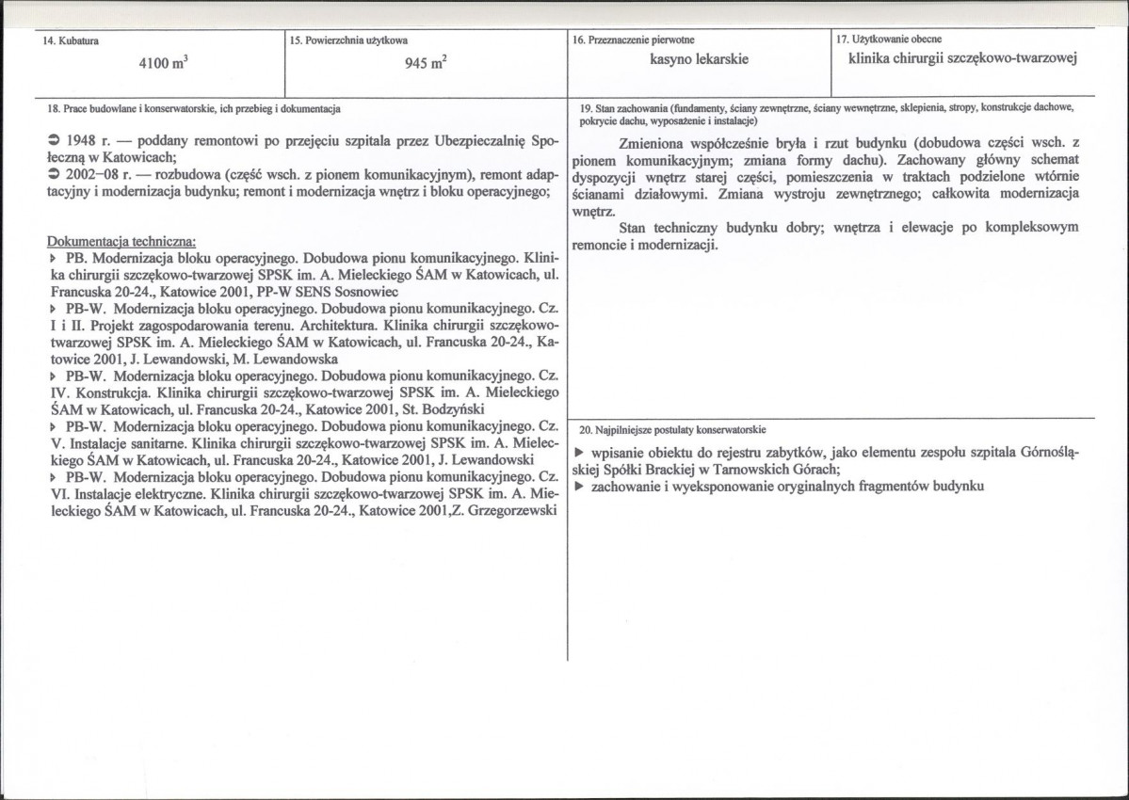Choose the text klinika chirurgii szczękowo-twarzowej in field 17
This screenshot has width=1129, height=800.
coord(962,58)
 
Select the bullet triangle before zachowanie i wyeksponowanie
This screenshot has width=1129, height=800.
coord(579,486)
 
